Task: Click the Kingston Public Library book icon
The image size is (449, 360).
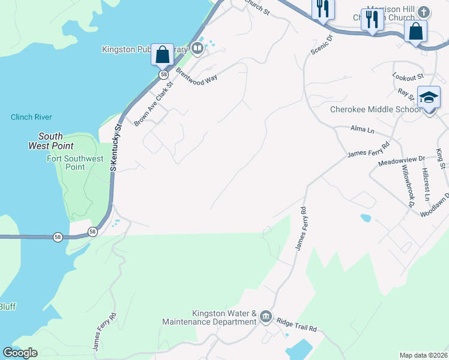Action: [197, 48]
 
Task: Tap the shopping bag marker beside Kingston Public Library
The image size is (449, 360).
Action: [162, 55]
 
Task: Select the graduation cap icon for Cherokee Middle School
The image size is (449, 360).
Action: [429, 97]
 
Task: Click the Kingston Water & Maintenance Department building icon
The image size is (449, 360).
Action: [266, 316]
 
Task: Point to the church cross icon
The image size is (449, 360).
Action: [424, 12]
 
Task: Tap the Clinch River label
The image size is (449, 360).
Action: [31, 117]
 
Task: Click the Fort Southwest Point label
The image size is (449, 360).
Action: [75, 163]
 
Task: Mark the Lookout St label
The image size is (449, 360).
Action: [408, 77]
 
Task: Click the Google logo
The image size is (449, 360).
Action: [20, 353]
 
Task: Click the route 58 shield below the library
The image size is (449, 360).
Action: [163, 74]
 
